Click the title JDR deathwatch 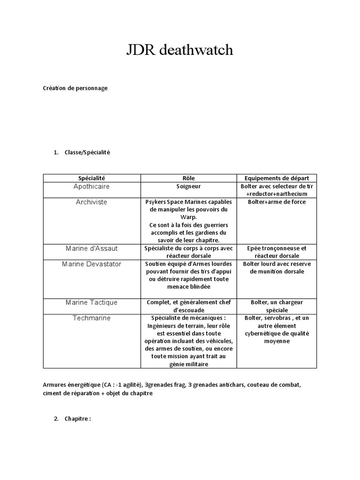click(180, 51)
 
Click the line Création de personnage click(75, 88)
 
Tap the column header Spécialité click(91, 178)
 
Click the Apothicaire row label click(91, 187)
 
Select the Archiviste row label click(91, 202)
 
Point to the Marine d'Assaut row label click(91, 248)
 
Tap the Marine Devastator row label click(91, 264)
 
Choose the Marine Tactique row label click(91, 303)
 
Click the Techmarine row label click(91, 318)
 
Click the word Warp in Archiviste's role click(188, 217)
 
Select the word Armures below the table click(55, 385)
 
